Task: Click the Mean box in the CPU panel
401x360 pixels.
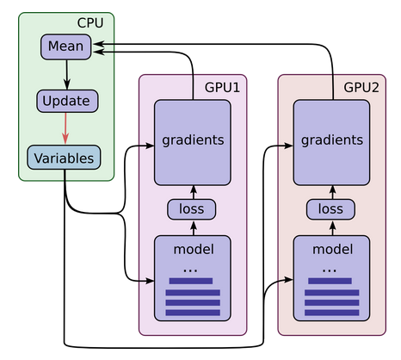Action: pos(66,47)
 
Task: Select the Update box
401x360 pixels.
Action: pos(67,101)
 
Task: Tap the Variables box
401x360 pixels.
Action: pos(64,158)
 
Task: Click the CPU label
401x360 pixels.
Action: pos(90,23)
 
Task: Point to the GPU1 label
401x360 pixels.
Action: pos(222,87)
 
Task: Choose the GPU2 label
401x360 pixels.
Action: pos(361,87)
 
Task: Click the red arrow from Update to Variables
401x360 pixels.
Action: pos(65,128)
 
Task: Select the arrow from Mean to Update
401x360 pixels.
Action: pos(67,75)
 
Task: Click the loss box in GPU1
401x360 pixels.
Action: pos(192,209)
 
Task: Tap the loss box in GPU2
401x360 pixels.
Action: pos(330,209)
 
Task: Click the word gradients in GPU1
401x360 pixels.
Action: pos(193,140)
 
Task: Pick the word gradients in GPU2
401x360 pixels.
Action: pos(332,140)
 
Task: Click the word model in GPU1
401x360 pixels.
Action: pos(194,249)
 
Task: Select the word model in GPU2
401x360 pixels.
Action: pos(333,249)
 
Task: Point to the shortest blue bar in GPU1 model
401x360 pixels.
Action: pos(191,281)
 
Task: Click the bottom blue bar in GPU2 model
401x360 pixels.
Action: pos(332,313)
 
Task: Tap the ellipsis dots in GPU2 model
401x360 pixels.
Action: pos(330,270)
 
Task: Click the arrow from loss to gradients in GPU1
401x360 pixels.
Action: pos(194,192)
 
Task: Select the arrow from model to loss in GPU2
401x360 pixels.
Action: pos(333,228)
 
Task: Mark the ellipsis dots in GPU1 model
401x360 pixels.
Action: pos(190,270)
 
